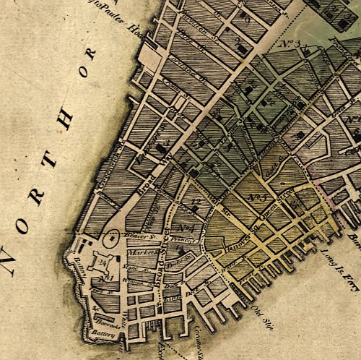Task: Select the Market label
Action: tap(136, 254)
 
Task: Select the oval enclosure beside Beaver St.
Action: tap(112, 236)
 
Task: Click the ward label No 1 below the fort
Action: tap(109, 278)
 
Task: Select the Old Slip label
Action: tap(260, 315)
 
